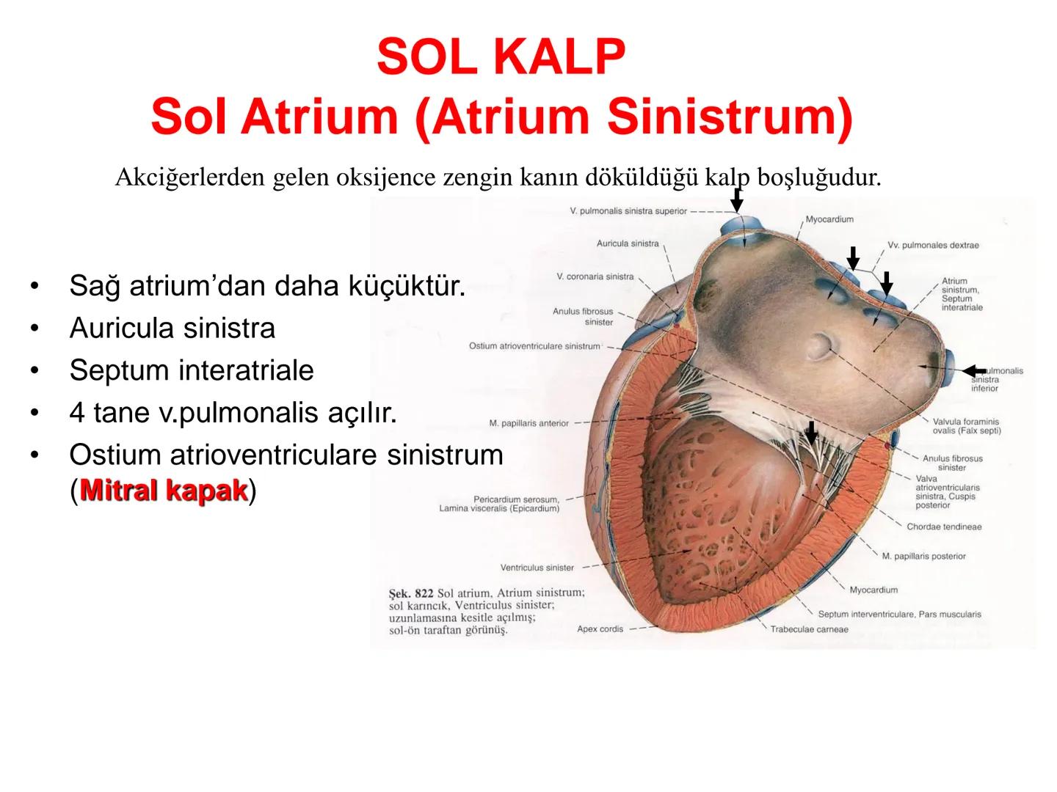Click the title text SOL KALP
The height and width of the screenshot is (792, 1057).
[501, 57]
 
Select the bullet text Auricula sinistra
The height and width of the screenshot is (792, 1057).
[172, 328]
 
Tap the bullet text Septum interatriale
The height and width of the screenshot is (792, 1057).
[191, 370]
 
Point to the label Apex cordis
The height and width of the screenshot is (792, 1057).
[600, 628]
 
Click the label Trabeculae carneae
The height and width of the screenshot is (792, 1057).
[809, 629]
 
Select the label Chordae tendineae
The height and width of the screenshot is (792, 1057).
[943, 527]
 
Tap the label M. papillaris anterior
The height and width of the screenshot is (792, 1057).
[528, 423]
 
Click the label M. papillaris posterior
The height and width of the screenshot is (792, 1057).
[923, 556]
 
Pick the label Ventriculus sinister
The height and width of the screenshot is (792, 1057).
[537, 568]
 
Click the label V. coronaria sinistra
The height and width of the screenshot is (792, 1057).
[595, 276]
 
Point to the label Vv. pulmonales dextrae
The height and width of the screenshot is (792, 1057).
[932, 245]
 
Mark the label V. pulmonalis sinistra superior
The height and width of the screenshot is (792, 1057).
[628, 211]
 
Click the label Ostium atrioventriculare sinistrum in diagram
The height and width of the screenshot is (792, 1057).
[534, 346]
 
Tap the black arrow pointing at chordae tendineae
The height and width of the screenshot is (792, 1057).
[810, 431]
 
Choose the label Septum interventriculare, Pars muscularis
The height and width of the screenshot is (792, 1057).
[899, 615]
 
